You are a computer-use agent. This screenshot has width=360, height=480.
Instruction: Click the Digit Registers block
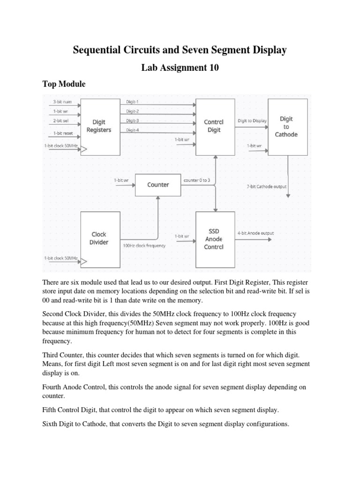(99, 126)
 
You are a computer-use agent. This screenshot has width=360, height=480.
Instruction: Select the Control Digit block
(214, 126)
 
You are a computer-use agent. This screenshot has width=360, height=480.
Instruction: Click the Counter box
(158, 185)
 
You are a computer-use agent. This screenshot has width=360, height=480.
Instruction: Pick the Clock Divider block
(99, 238)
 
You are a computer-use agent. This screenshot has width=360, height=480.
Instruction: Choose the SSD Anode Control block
(214, 239)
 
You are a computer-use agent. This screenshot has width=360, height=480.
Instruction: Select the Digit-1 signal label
(133, 102)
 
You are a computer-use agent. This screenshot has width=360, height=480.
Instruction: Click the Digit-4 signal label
(133, 130)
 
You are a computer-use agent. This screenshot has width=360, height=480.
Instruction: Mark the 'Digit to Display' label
(252, 120)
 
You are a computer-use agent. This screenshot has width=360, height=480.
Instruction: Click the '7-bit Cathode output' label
(266, 186)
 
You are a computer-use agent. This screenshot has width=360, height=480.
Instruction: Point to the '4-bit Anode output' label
(255, 233)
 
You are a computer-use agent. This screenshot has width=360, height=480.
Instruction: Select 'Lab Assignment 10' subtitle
(180, 68)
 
